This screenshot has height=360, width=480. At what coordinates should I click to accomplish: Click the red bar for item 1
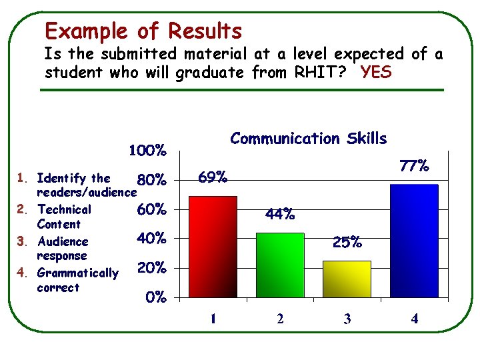tap(213, 246)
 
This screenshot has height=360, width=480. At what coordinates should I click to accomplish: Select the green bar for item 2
tap(280, 264)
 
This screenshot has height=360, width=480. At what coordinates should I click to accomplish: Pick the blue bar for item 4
tap(414, 240)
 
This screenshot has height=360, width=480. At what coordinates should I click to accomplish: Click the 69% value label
tap(213, 177)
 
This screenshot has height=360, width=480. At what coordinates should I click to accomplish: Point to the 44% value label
tap(280, 215)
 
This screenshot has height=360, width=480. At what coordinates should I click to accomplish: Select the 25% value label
tap(347, 243)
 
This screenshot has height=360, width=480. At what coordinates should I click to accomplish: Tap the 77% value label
tap(414, 166)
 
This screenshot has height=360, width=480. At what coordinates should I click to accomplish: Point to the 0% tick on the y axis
tap(156, 298)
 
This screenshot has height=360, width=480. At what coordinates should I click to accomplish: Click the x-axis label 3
tap(347, 319)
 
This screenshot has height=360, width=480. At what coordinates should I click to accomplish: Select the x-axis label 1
tap(213, 319)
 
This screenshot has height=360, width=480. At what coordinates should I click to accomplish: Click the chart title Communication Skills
tap(308, 139)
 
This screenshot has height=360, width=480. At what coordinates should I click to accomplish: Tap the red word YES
tap(375, 72)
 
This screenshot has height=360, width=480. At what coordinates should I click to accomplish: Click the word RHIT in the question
tap(315, 72)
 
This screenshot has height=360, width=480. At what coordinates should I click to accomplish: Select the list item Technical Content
tap(64, 217)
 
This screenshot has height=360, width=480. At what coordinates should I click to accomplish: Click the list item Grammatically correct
tap(77, 280)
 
